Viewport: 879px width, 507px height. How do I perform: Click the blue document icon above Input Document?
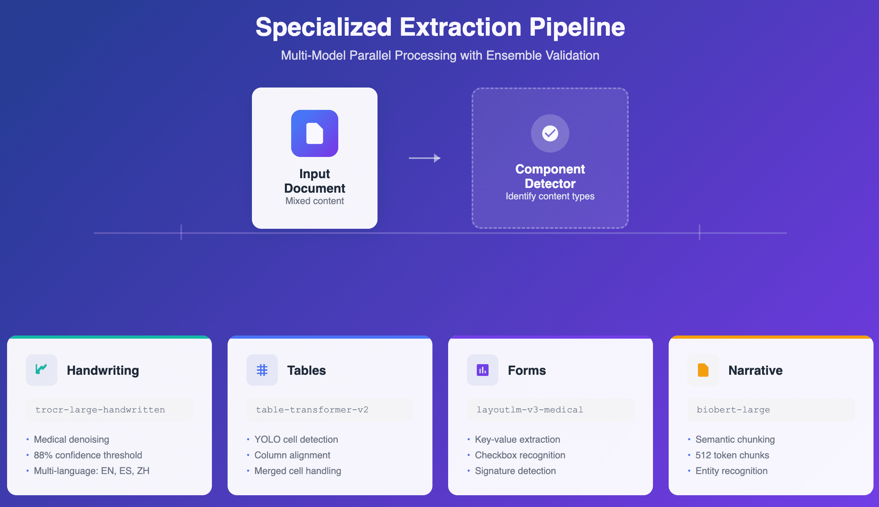pos(315,133)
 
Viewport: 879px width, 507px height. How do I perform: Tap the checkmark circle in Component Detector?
pos(550,133)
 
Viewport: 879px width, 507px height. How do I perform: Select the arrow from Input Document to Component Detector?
pos(425,158)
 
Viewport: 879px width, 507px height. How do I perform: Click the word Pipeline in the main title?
pos(577,27)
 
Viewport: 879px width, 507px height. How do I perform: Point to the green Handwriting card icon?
pos(41,369)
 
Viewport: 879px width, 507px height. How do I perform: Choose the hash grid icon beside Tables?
pos(262,370)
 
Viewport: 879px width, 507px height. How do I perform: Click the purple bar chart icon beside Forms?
pos(483,370)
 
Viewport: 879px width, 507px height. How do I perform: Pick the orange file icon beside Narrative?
pos(703,370)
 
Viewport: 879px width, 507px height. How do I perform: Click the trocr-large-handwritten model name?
pos(100,410)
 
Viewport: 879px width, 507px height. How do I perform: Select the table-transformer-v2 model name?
pos(312,410)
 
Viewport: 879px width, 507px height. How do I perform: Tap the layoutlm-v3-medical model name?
pos(530,410)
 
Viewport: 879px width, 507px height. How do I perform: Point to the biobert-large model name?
pos(733,410)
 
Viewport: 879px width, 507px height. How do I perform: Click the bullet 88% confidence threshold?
pos(88,455)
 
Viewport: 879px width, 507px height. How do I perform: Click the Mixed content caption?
pos(315,201)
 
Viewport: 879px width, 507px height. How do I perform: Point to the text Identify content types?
pos(550,196)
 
